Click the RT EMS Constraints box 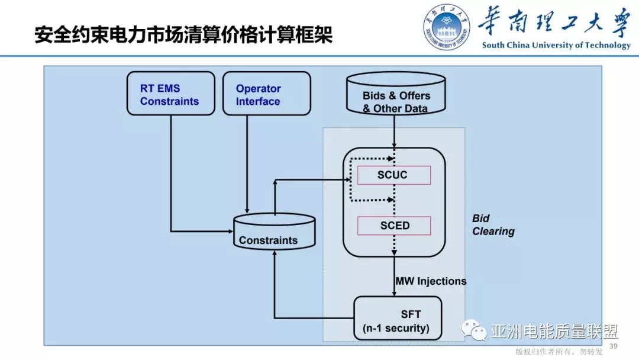(x=170, y=94)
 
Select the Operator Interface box (x=266, y=94)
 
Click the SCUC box (x=393, y=175)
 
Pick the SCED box (x=393, y=226)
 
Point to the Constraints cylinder (x=274, y=232)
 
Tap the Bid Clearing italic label (x=493, y=225)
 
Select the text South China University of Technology (x=556, y=45)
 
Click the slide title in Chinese (x=183, y=34)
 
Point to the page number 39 (x=613, y=346)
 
